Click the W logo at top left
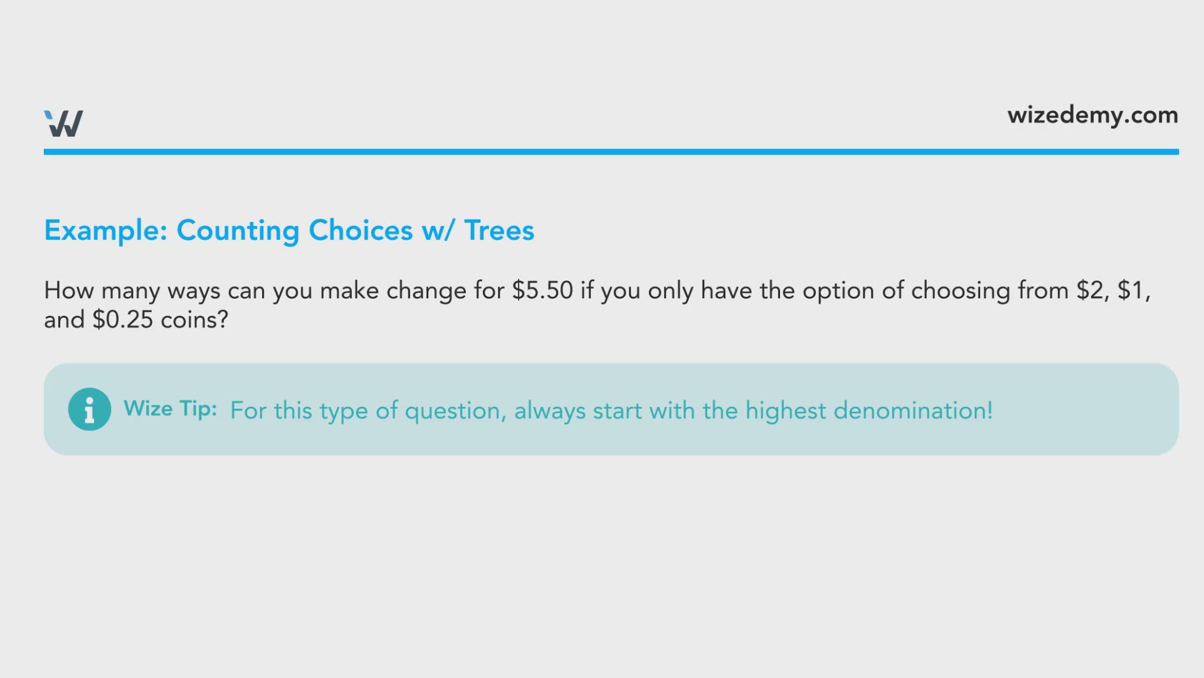click(x=63, y=123)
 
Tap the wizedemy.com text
click(x=1092, y=116)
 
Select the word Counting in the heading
click(x=238, y=231)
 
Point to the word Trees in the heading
click(x=499, y=230)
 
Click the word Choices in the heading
click(x=361, y=230)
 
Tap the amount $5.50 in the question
click(x=542, y=290)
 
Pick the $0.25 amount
click(x=122, y=320)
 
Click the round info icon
click(x=90, y=409)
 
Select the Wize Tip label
click(x=171, y=409)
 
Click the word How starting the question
click(x=69, y=290)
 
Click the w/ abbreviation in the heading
click(x=438, y=231)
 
